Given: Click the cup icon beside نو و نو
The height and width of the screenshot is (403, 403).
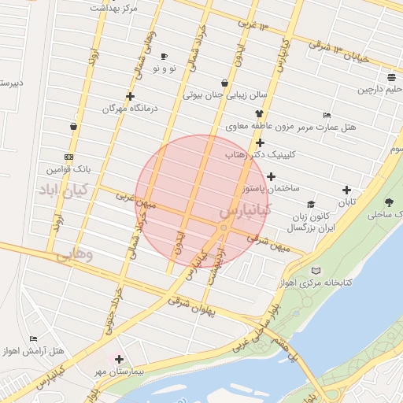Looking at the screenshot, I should pos(164,57).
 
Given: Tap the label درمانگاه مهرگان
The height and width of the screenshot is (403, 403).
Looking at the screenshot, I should pos(130,109).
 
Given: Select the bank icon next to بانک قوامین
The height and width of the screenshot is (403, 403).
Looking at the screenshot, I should pos(69,157).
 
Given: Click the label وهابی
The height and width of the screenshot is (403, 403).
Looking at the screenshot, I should pos(75,255).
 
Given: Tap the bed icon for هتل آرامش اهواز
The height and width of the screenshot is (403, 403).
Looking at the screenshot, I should pos(33,339).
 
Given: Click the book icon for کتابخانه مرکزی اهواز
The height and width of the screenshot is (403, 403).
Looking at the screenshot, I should pos(316,271).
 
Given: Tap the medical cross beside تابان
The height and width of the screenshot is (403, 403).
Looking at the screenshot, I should pos(347,190).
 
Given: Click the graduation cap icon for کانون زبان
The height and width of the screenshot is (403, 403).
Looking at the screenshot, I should pos(311,205).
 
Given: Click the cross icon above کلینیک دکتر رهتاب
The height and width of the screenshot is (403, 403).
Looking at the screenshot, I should pos(260,143).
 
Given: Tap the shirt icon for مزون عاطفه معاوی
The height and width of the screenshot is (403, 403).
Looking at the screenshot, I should pos(258,115).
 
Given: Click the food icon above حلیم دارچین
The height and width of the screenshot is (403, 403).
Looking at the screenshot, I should pos(391,77).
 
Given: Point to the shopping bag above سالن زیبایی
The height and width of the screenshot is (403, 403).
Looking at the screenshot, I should pos(225,83).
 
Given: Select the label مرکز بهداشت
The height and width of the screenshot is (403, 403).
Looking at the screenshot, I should pos(115,7).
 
